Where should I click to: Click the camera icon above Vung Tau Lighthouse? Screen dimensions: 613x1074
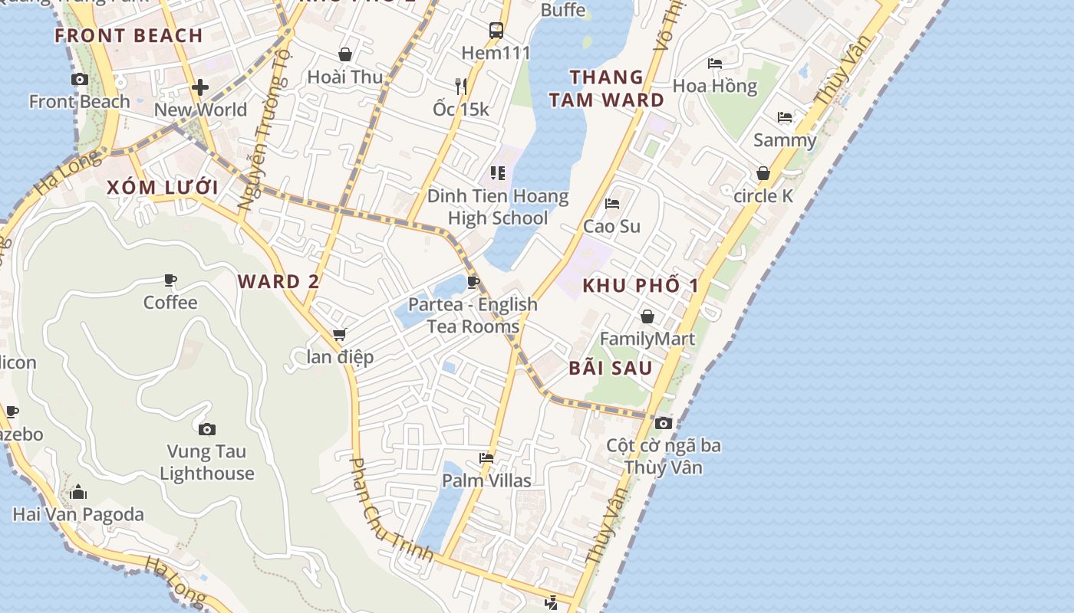pyautogui.click(x=206, y=429)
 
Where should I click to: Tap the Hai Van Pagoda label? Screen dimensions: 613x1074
pyautogui.click(x=78, y=514)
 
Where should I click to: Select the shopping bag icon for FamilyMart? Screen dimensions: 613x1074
pyautogui.click(x=647, y=316)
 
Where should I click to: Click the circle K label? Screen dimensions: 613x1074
pyautogui.click(x=763, y=196)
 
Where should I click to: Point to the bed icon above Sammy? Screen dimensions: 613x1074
pyautogui.click(x=785, y=117)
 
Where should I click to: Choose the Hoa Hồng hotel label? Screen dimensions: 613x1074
pyautogui.click(x=715, y=86)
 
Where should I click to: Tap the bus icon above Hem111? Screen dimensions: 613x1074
pyautogui.click(x=496, y=31)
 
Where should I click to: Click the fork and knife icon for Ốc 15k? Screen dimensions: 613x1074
pyautogui.click(x=460, y=86)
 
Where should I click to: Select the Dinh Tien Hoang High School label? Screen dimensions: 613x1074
pyautogui.click(x=498, y=207)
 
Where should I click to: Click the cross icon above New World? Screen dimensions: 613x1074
pyautogui.click(x=200, y=87)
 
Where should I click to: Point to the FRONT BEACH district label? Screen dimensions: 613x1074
pyautogui.click(x=129, y=35)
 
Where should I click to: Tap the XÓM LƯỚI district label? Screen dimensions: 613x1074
pyautogui.click(x=163, y=188)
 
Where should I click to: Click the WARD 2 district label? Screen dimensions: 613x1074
pyautogui.click(x=278, y=281)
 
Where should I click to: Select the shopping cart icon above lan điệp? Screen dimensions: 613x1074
pyautogui.click(x=339, y=335)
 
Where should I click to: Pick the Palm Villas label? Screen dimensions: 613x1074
pyautogui.click(x=486, y=480)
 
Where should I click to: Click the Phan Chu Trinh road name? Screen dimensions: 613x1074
pyautogui.click(x=390, y=509)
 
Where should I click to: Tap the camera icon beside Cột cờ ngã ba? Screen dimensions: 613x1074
pyautogui.click(x=664, y=423)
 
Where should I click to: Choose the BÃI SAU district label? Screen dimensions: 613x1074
pyautogui.click(x=611, y=368)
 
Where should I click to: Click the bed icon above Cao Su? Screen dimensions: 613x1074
pyautogui.click(x=612, y=203)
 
